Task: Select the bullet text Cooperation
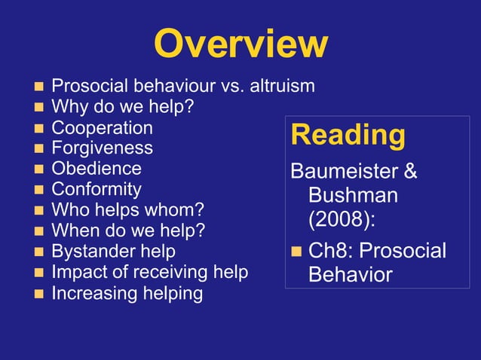pyautogui.click(x=102, y=128)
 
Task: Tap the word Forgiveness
pyautogui.click(x=102, y=148)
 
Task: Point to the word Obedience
pyautogui.click(x=96, y=169)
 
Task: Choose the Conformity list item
pyautogui.click(x=96, y=189)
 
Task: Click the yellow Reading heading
pyautogui.click(x=348, y=136)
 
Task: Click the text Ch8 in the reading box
pyautogui.click(x=328, y=250)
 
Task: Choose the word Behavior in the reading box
pyautogui.click(x=350, y=275)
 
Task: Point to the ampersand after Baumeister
pyautogui.click(x=410, y=172)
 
